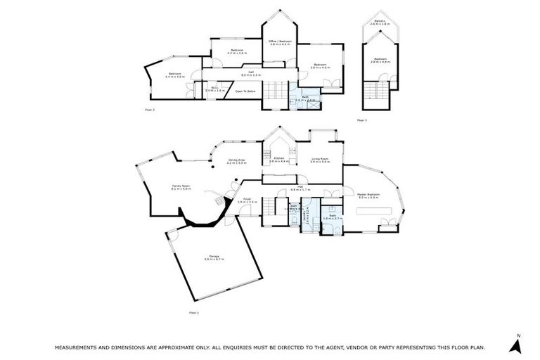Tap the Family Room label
pyautogui.click(x=181, y=187)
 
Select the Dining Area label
pyautogui.click(x=236, y=161)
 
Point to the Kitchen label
pyautogui.click(x=278, y=160)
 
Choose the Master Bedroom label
pyautogui.click(x=368, y=195)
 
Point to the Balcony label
pyautogui.click(x=380, y=22)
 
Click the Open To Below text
pyautogui.click(x=245, y=91)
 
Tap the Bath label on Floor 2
pyautogui.click(x=304, y=99)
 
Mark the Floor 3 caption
pyautogui.click(x=361, y=120)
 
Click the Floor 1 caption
pyautogui.click(x=194, y=312)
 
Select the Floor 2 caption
pyautogui.click(x=149, y=110)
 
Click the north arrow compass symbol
pyautogui.click(x=517, y=345)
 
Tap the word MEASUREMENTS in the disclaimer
pyautogui.click(x=82, y=347)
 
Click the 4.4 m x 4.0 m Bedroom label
pyautogui.click(x=174, y=75)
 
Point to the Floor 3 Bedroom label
pyautogui.click(x=380, y=60)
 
